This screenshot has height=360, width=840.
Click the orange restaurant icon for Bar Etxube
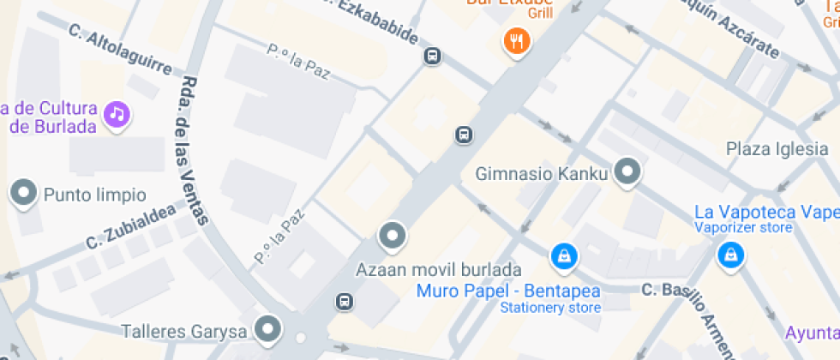pos(515,40)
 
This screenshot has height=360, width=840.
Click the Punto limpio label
pos(94,195)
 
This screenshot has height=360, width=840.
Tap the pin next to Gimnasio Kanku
pos(629,171)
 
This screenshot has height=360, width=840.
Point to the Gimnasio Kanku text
pos(542,174)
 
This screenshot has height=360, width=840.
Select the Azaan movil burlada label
pos(438,269)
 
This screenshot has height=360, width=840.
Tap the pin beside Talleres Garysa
pos(270,328)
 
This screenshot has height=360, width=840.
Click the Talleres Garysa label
pos(184,331)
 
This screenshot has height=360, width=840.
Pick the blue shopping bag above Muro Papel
pos(564,255)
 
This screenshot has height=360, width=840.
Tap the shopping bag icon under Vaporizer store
pos(730,254)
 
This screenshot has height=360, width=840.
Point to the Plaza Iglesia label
pos(777,148)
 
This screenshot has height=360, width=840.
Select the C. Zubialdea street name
pos(130,227)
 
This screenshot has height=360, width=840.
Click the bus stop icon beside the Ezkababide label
pos(433,57)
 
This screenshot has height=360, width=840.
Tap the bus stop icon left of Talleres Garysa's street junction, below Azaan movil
pos(345,301)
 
